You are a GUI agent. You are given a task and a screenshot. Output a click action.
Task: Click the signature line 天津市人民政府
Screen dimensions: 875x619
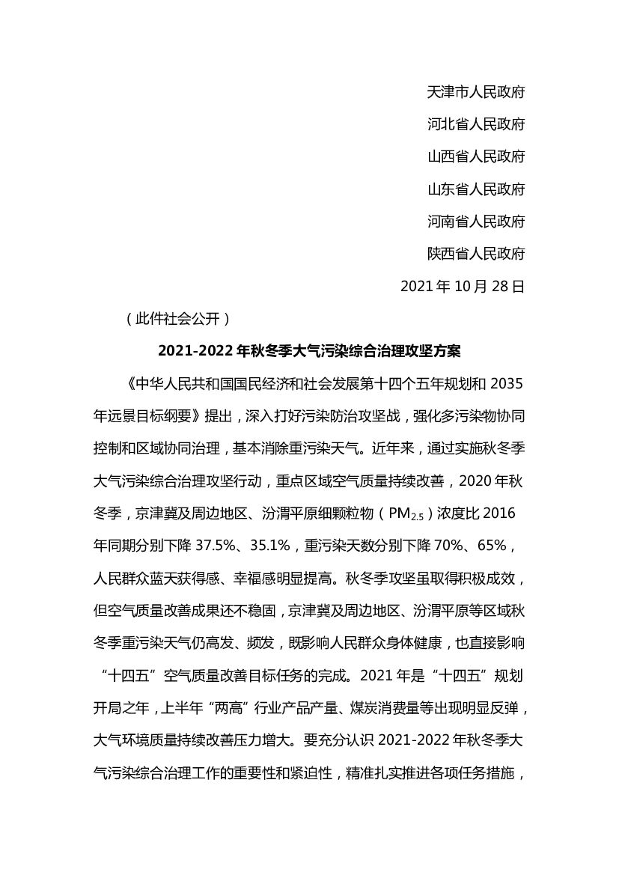(475, 92)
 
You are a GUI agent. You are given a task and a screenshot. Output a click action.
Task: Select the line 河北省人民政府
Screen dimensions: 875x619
(475, 124)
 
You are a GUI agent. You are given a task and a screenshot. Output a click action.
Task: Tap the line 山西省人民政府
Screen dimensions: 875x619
(475, 156)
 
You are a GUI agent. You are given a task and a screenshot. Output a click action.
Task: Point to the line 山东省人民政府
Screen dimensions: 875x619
(475, 189)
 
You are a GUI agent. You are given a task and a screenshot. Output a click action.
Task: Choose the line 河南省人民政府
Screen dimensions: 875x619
(475, 222)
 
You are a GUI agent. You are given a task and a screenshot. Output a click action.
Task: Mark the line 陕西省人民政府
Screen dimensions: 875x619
(475, 254)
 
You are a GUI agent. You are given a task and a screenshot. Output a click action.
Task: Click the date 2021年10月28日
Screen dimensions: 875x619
(463, 287)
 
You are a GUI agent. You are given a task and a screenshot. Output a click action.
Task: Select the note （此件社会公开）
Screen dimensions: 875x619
(173, 319)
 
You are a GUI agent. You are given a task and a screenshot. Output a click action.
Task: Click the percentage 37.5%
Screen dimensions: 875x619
(216, 546)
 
